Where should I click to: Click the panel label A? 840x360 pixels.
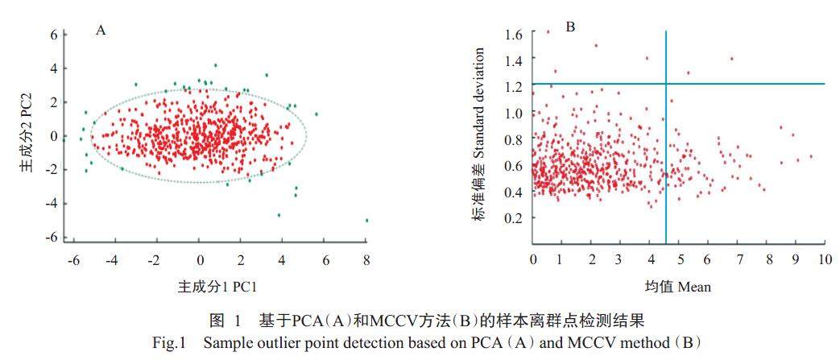point(101,31)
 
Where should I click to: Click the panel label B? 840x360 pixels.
point(570,27)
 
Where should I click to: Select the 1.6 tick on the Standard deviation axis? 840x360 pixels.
point(515,34)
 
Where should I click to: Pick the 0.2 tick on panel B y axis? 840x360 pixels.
point(515,217)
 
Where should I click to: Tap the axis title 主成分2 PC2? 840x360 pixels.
point(26,137)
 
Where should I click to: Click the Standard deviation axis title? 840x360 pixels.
point(479,134)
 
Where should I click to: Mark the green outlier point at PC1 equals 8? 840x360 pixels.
point(366,220)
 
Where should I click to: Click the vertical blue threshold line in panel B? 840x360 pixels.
point(666,161)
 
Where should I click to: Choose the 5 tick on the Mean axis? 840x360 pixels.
point(679,259)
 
